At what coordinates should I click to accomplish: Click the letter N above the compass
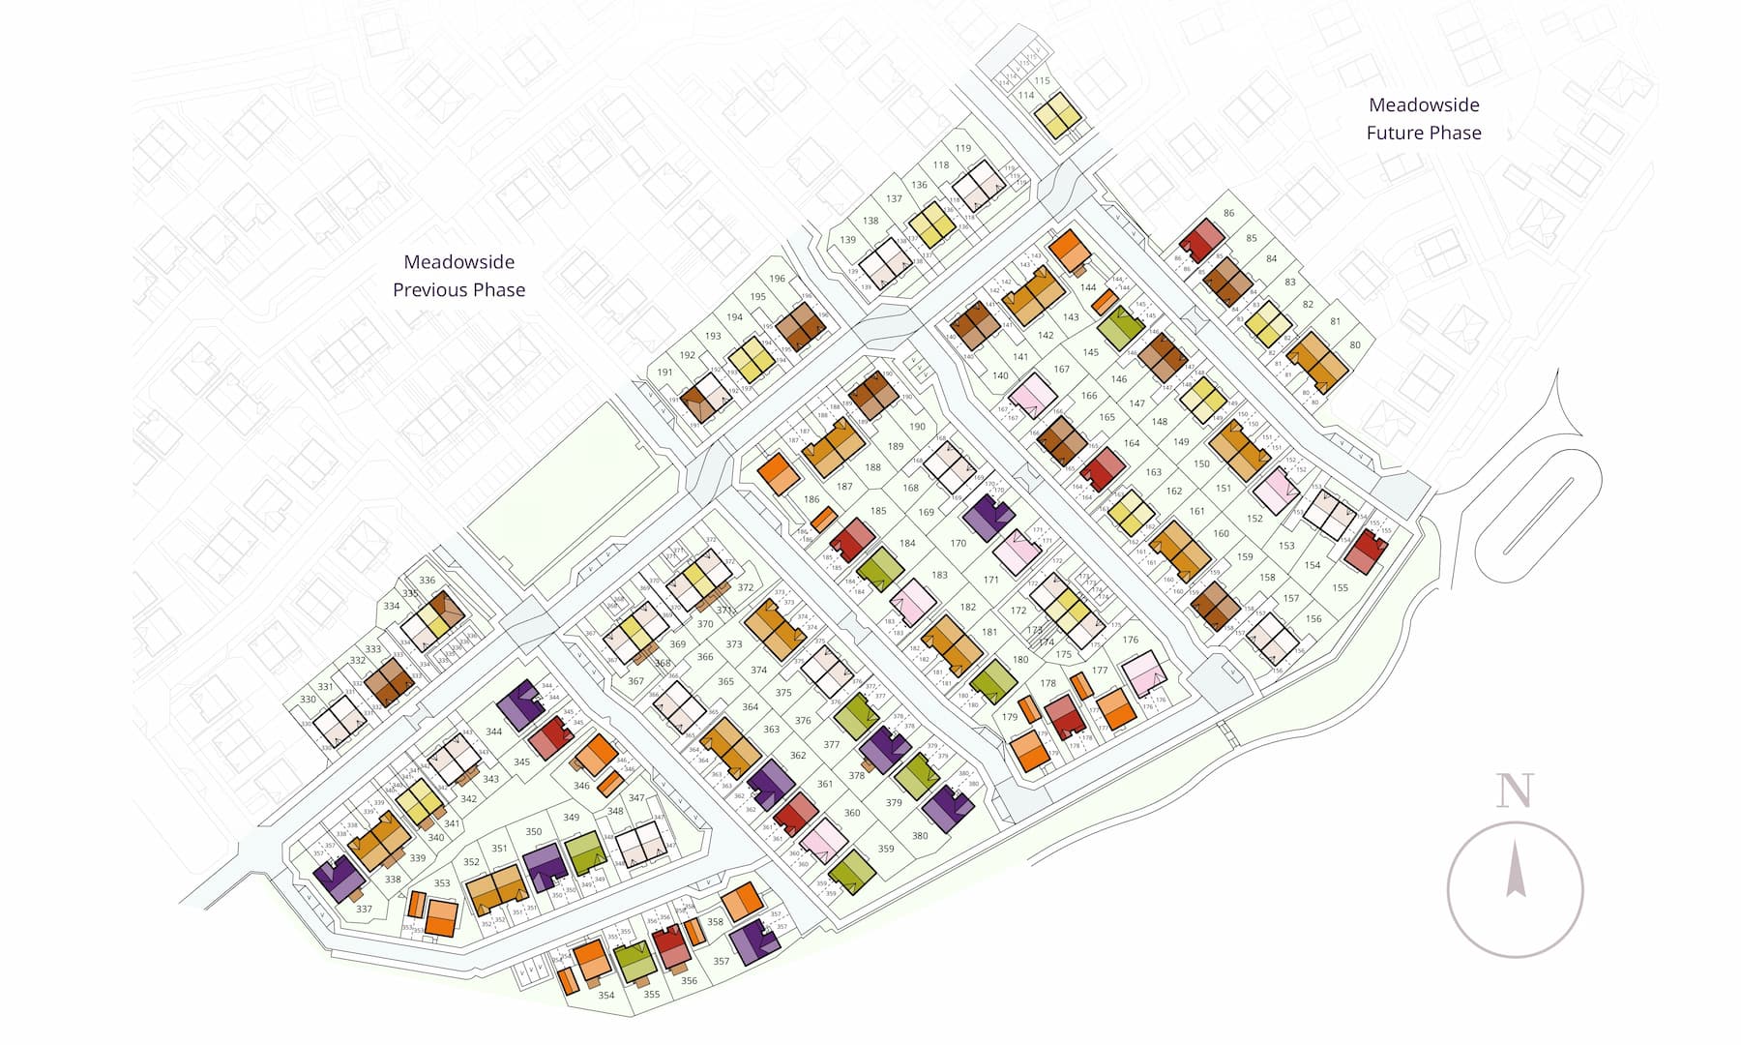tap(1515, 791)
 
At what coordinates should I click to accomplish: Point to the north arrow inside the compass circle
tap(1516, 870)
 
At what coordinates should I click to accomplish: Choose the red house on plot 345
tap(552, 737)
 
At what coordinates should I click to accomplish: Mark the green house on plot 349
tap(585, 852)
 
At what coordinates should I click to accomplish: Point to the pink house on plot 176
tap(1143, 673)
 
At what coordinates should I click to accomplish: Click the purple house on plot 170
tap(989, 517)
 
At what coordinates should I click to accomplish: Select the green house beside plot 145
tap(1121, 328)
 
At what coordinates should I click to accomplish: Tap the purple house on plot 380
tap(948, 809)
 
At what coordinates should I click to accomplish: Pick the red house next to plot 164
tap(1102, 470)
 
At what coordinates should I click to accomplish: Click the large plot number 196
tap(778, 279)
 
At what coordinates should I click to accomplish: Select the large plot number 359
tap(886, 849)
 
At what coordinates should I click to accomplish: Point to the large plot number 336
tap(427, 581)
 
